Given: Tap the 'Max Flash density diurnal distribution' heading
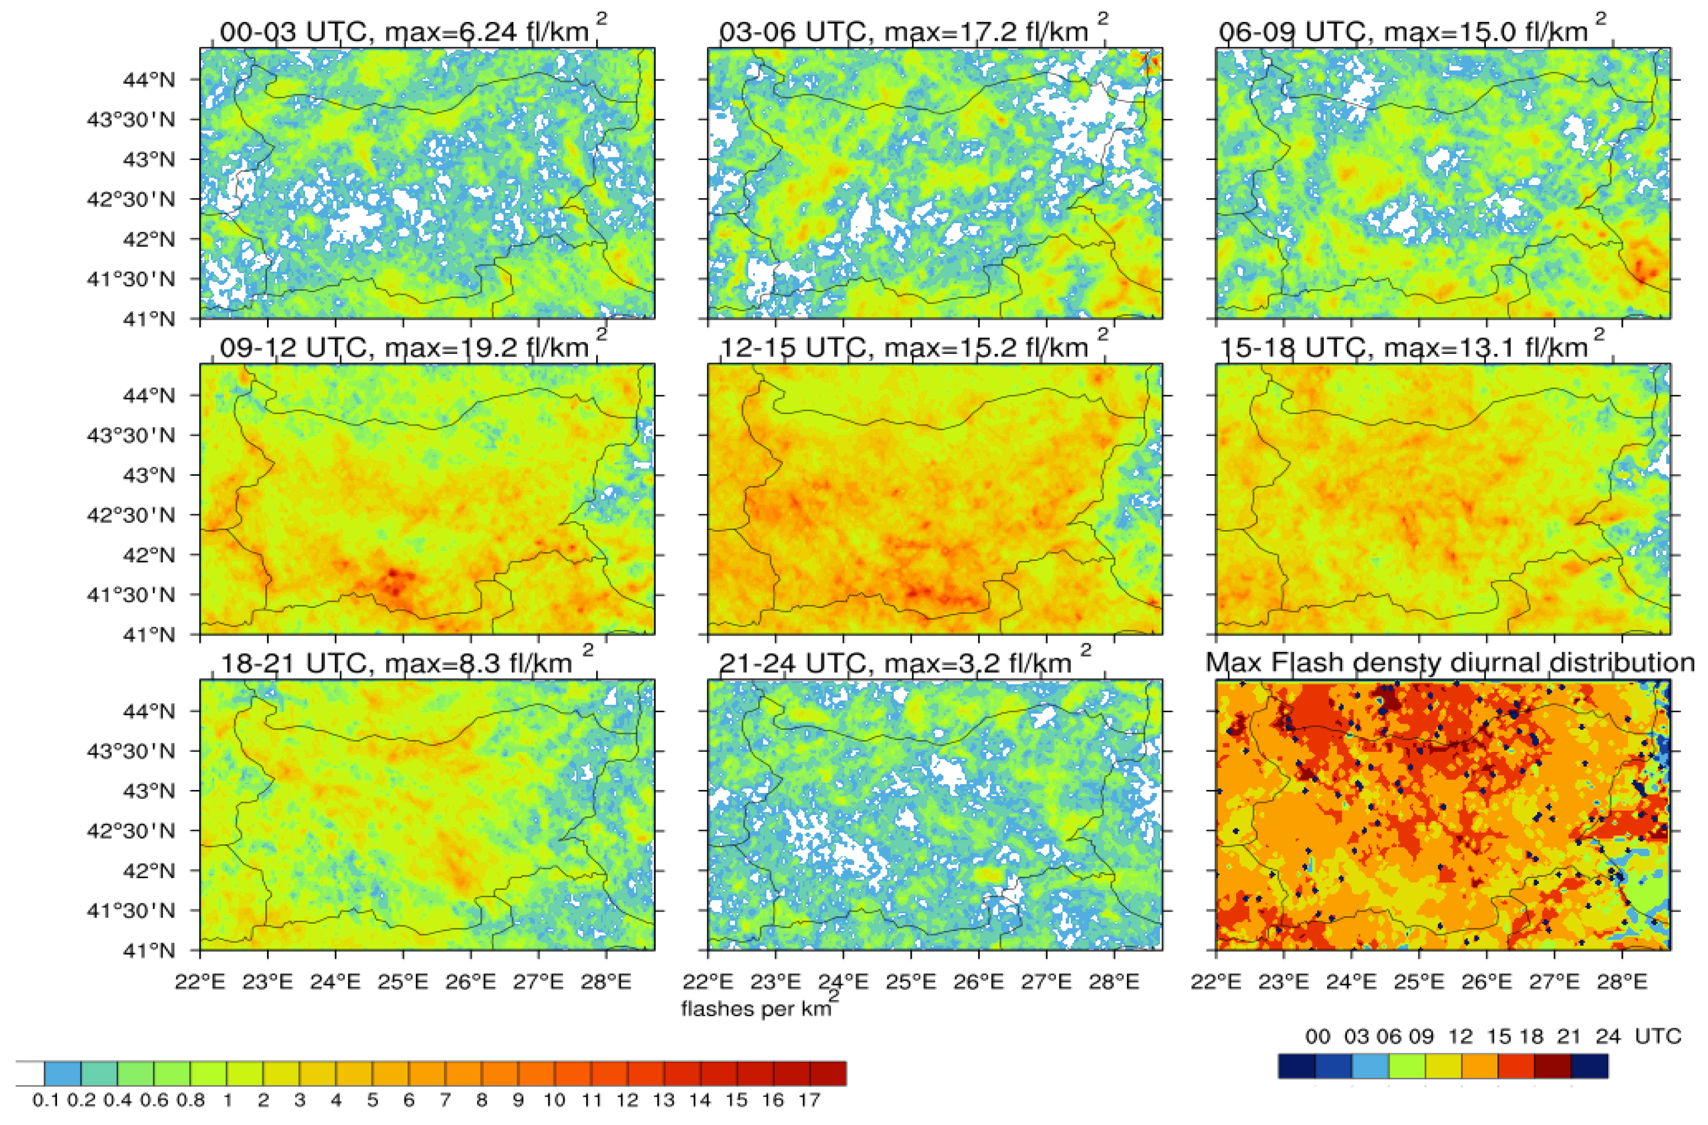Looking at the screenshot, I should pos(1450,661).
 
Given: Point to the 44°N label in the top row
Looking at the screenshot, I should pos(148,79).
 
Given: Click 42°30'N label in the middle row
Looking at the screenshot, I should pos(131,515).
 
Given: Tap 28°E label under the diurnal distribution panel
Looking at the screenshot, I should pos(1621,981).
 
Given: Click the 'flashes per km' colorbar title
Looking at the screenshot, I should pos(757,1009).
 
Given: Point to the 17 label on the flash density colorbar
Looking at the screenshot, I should pos(809,1100).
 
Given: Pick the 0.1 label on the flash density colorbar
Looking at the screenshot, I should pos(45,1100).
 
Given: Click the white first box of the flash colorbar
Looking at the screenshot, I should pos(30,1073).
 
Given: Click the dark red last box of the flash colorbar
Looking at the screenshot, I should pos(828,1073).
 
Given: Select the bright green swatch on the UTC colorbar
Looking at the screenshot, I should pos(1407,1066).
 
